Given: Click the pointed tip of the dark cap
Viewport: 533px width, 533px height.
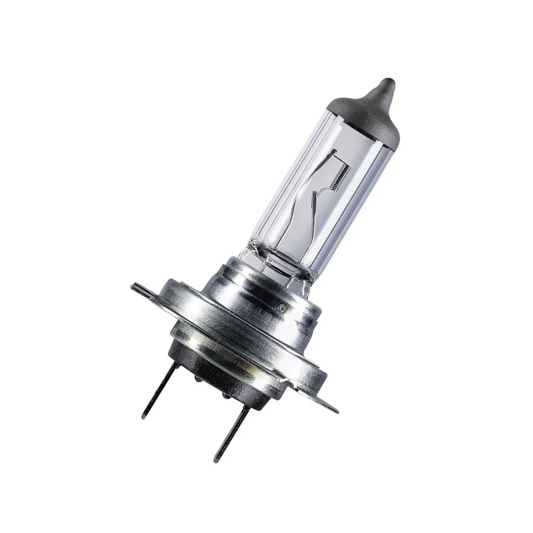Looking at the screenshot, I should pyautogui.click(x=387, y=83).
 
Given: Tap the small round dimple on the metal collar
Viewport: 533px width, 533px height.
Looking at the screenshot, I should pyautogui.click(x=283, y=308).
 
